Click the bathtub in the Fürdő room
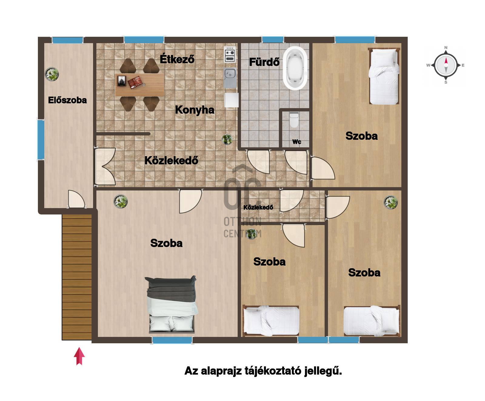pos(295,68)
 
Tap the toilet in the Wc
pos(294,120)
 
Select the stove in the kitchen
pos(230,54)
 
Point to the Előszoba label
pos(67,100)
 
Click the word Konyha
pos(195,110)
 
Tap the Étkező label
pos(177,59)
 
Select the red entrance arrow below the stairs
pos(79,356)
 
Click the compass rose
pos(446,65)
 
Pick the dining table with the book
pos(140,84)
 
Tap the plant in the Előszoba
pos(52,74)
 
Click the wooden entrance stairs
pos(77,277)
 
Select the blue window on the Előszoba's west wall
pos(41,139)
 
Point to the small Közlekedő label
pos(258,207)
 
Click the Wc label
pos(297,142)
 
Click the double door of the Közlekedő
pos(105,166)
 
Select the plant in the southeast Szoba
pos(391,202)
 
